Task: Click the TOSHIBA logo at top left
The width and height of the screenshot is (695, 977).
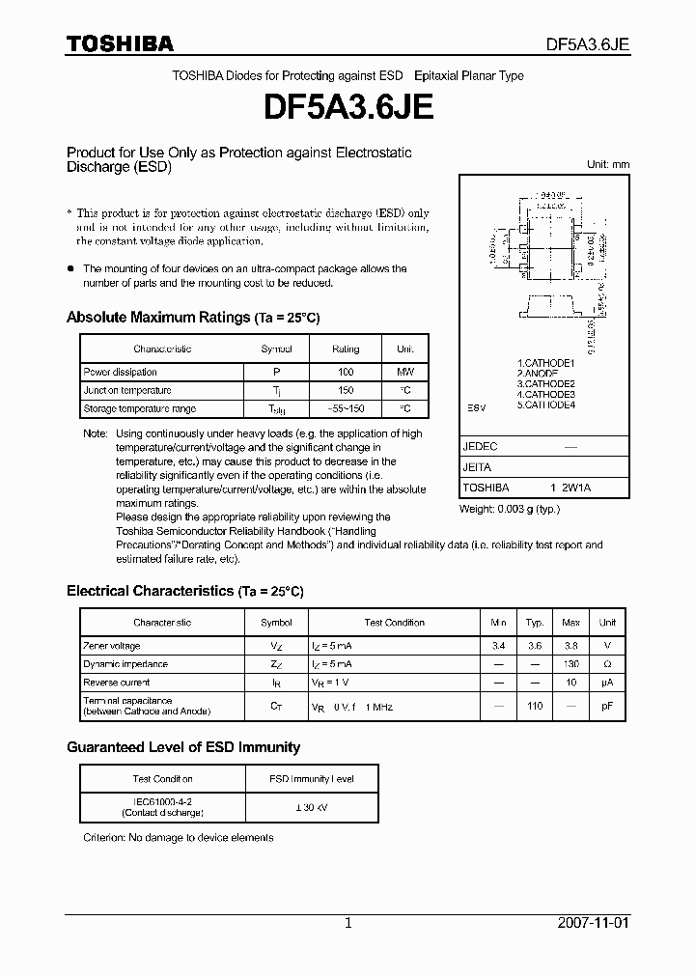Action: [x=119, y=43]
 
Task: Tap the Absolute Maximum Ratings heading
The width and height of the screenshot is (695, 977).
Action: [x=193, y=318]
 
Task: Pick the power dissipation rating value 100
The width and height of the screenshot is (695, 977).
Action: [x=346, y=372]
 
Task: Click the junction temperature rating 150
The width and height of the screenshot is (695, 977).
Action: [x=346, y=390]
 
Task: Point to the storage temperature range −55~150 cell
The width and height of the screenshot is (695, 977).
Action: [x=346, y=409]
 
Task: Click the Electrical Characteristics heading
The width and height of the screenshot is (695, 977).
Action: [x=184, y=591]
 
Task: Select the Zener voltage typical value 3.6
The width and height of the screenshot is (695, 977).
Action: [x=535, y=646]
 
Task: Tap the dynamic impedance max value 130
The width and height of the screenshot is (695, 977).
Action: [x=571, y=664]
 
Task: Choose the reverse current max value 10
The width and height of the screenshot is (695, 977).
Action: [x=571, y=683]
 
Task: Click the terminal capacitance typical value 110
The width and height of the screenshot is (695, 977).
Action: [x=535, y=706]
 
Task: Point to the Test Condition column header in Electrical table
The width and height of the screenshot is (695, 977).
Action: [x=394, y=623]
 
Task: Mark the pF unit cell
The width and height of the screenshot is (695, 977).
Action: [x=607, y=706]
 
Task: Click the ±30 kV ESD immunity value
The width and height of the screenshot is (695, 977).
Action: [x=312, y=807]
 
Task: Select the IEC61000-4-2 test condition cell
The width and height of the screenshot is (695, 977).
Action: [x=162, y=807]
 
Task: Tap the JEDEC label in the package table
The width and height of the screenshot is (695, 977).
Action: [x=480, y=447]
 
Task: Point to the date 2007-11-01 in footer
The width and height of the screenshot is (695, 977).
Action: [x=594, y=923]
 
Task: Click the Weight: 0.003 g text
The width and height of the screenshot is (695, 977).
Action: [x=509, y=508]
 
